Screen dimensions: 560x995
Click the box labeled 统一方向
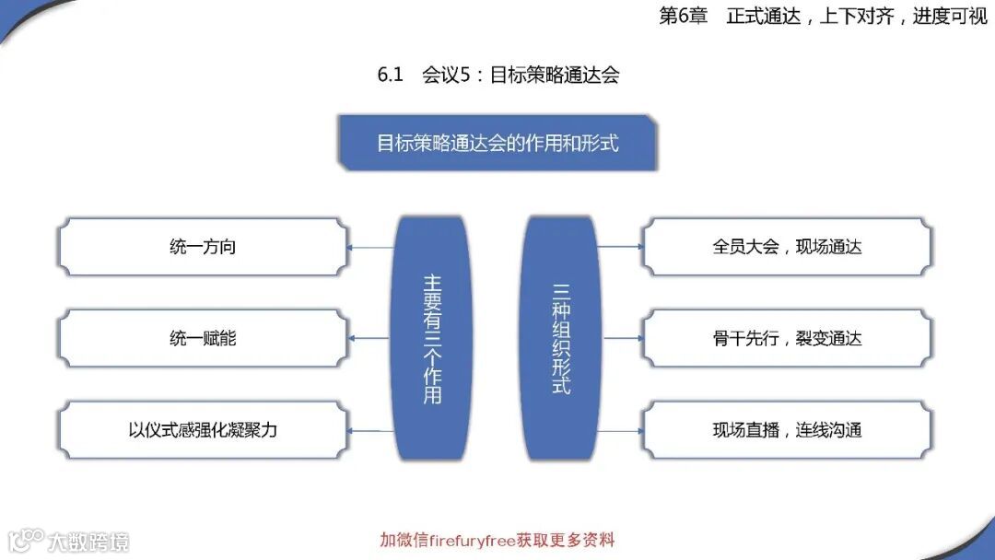click(x=203, y=247)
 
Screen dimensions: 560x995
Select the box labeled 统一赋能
click(x=203, y=338)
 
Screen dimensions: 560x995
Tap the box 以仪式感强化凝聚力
click(x=203, y=429)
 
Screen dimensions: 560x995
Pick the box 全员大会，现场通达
click(x=787, y=247)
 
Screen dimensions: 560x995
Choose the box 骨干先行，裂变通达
click(x=787, y=338)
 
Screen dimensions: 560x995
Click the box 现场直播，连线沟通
click(x=787, y=429)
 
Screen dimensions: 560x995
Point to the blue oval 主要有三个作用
click(x=432, y=338)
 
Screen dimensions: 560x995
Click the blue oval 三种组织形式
click(x=561, y=338)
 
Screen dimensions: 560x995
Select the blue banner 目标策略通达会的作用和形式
click(x=497, y=143)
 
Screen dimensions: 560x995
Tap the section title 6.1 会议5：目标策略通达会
click(x=497, y=75)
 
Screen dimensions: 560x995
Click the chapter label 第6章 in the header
click(x=683, y=16)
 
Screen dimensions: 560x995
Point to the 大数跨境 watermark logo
click(x=68, y=540)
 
